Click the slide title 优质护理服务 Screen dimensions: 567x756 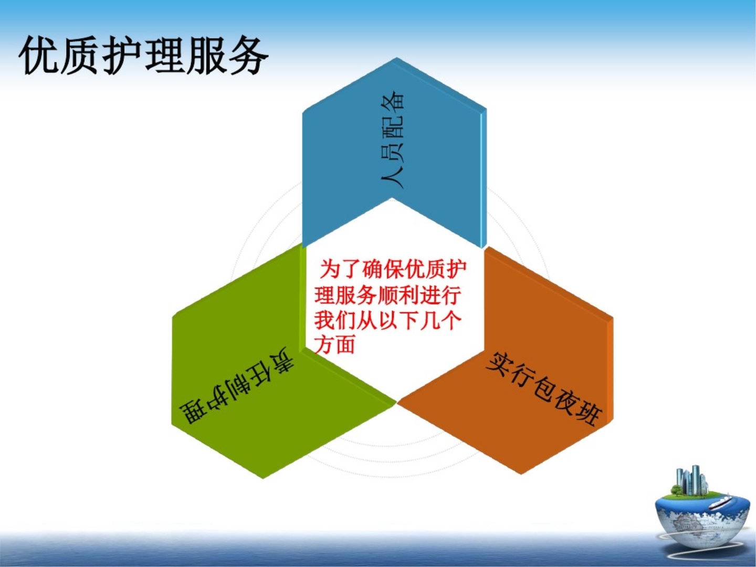143,55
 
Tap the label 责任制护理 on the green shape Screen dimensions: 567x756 236,386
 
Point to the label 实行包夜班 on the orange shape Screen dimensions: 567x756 544,387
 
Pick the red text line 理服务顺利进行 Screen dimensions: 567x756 387,295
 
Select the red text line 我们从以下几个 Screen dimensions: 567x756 387,320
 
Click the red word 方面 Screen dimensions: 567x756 335,344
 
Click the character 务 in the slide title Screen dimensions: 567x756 248,55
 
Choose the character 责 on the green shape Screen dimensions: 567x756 281,361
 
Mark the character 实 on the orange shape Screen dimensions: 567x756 500,363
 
